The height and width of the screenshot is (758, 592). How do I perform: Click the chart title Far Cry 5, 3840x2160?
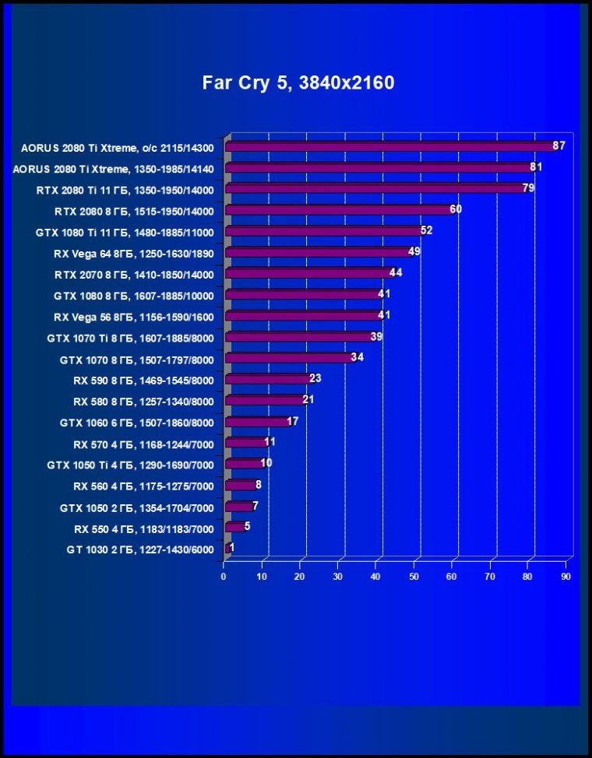click(298, 82)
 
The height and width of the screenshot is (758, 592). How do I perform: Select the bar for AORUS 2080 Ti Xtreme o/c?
click(389, 146)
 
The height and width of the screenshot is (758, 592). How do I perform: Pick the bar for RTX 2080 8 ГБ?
click(339, 210)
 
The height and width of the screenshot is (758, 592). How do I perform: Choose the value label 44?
click(396, 273)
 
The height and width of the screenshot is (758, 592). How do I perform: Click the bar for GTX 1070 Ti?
click(299, 337)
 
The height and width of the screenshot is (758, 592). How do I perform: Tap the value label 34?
click(358, 358)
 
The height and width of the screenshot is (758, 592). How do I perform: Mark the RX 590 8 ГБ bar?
click(268, 379)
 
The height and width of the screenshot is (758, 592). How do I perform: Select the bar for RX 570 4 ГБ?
click(245, 443)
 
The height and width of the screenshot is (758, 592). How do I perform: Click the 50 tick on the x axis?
click(414, 577)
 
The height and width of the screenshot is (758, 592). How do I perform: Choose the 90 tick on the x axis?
click(566, 577)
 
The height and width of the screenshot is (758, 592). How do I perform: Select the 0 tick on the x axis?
click(224, 577)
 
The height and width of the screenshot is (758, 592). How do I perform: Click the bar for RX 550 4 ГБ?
click(234, 528)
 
